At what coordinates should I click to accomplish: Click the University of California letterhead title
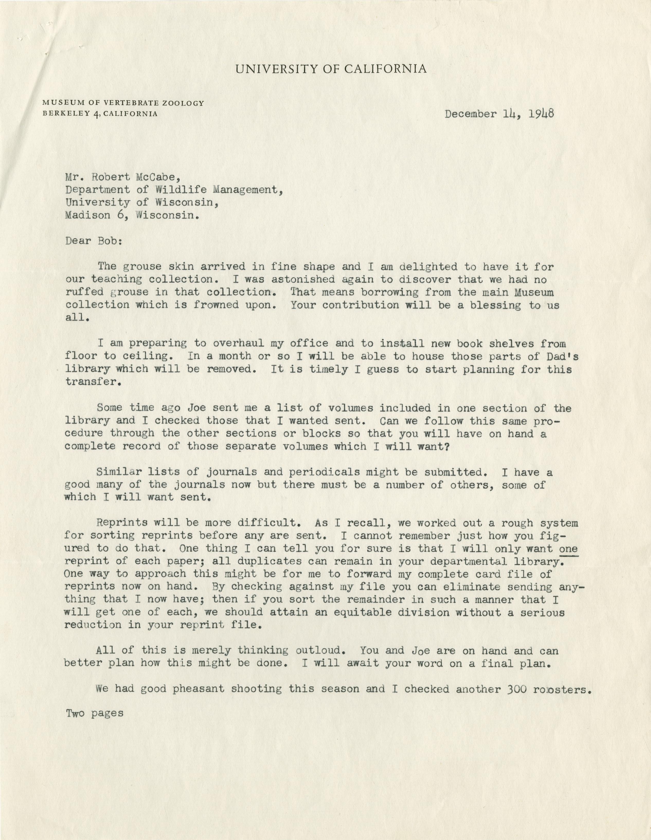click(x=331, y=69)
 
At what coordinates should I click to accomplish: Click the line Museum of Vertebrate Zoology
click(x=123, y=103)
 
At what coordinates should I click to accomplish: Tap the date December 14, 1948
click(x=499, y=114)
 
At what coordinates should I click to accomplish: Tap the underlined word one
click(x=569, y=549)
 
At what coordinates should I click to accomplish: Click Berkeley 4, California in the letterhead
click(x=100, y=114)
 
